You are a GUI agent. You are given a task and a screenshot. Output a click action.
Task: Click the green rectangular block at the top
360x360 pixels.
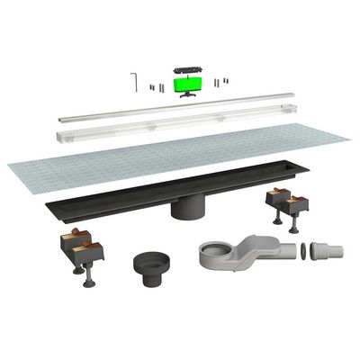click(x=185, y=85)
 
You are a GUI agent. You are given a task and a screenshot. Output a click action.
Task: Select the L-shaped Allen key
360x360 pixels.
click(x=133, y=80)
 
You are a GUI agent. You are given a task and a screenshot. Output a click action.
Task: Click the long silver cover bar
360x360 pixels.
click(x=180, y=105)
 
